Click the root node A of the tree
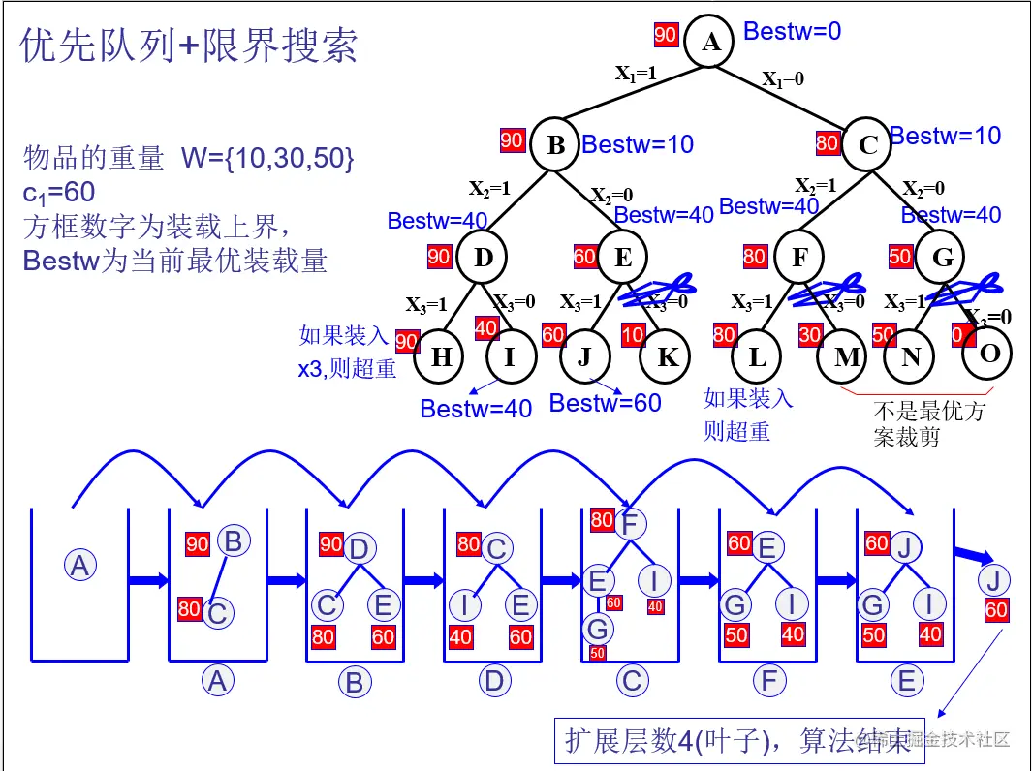(x=711, y=42)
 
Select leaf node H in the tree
(x=441, y=357)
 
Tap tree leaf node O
(x=988, y=353)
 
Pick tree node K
(x=667, y=357)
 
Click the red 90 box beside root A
(x=666, y=35)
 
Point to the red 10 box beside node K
(x=633, y=335)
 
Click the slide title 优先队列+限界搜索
(x=189, y=46)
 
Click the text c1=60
(x=58, y=193)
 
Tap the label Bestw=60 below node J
(x=605, y=402)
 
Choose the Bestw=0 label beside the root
(x=792, y=31)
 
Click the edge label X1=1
(x=636, y=73)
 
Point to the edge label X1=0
(x=783, y=79)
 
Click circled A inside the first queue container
(x=80, y=565)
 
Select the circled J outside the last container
(x=993, y=581)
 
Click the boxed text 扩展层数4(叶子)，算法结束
(x=738, y=741)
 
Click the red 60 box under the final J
(x=996, y=610)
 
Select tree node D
(x=483, y=258)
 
